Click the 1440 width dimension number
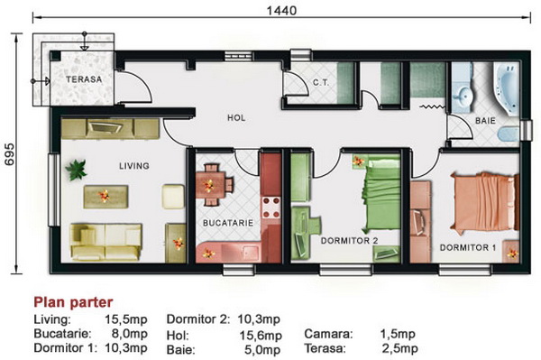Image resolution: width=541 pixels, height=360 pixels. click(281, 11)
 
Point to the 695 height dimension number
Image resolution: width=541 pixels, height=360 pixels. click(10, 154)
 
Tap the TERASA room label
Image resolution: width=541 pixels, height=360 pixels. click(84, 79)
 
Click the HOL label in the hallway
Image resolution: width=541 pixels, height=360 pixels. click(236, 118)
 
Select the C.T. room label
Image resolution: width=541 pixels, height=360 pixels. click(321, 83)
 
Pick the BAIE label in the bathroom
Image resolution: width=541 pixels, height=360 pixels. click(485, 121)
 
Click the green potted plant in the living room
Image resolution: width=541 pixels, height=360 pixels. click(76, 170)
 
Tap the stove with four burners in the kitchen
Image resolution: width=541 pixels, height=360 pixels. click(271, 208)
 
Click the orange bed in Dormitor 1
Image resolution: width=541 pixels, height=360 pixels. click(484, 203)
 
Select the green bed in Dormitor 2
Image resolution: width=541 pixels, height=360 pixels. click(381, 194)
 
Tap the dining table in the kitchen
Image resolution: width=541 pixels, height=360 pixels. click(209, 185)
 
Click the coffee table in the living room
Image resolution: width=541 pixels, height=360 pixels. click(105, 197)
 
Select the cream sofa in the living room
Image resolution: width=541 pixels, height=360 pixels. click(105, 242)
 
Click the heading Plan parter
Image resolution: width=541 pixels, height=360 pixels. click(73, 302)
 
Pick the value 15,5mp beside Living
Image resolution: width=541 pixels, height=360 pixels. click(126, 319)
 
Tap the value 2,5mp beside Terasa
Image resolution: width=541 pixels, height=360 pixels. click(399, 348)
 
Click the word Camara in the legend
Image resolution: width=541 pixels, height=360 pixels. click(328, 334)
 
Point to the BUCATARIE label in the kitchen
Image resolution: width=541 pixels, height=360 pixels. click(228, 223)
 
